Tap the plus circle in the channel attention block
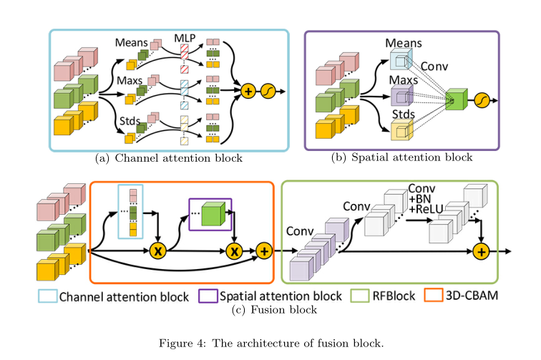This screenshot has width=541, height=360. [248, 92]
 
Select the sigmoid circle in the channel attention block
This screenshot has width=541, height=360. [269, 92]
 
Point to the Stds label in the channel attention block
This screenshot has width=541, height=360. [127, 129]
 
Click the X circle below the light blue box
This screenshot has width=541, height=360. [159, 250]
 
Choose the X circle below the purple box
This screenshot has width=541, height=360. [233, 250]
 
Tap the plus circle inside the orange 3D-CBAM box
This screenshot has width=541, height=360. [263, 250]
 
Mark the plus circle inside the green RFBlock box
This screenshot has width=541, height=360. [481, 250]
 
